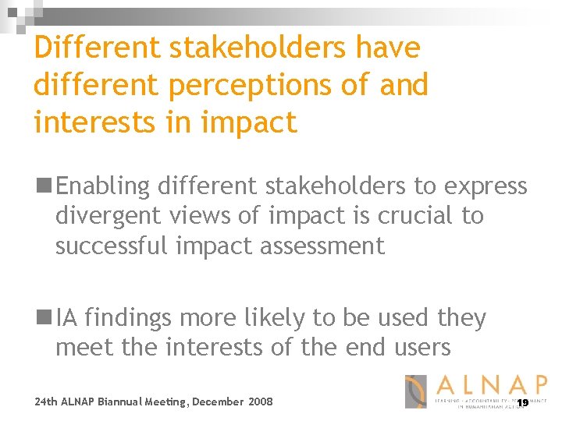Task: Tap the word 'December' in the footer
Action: click(x=216, y=402)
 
